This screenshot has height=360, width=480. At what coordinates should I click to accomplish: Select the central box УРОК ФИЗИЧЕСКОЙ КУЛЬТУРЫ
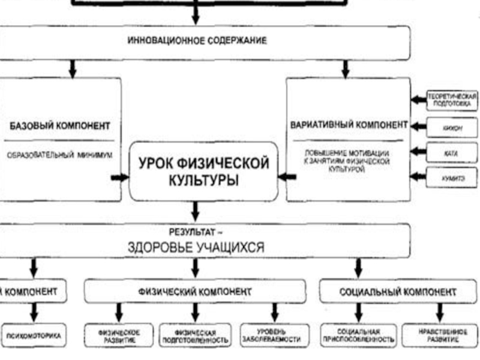click(x=203, y=171)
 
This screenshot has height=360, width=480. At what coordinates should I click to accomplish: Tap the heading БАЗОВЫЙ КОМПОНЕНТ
click(x=60, y=126)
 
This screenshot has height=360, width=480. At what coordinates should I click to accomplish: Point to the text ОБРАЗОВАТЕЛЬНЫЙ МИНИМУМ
click(x=60, y=154)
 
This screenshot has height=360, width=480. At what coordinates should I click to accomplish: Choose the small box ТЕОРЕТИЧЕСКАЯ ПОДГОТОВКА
click(x=452, y=100)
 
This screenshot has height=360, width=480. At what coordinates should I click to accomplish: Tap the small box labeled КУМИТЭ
click(x=452, y=178)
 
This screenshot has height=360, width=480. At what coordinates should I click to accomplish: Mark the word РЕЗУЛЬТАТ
click(x=195, y=230)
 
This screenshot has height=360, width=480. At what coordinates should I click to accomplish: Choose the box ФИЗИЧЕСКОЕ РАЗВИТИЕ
click(x=119, y=336)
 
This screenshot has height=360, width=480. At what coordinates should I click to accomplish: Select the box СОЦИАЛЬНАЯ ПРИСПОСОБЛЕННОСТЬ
click(x=358, y=335)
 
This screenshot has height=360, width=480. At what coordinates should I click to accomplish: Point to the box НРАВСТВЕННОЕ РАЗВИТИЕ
click(x=440, y=335)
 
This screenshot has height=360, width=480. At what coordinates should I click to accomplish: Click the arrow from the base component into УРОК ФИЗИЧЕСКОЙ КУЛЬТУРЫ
click(x=120, y=177)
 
